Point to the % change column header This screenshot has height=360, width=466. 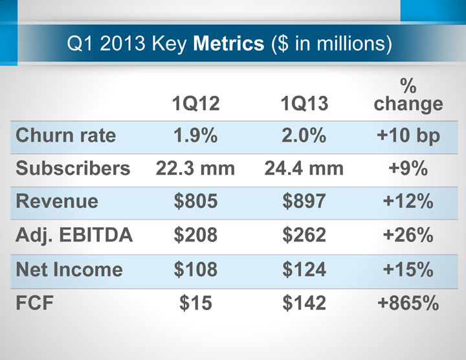click(x=408, y=95)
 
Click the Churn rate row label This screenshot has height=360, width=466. click(x=65, y=136)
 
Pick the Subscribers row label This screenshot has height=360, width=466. click(x=73, y=168)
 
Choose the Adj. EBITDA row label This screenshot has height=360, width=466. click(x=74, y=235)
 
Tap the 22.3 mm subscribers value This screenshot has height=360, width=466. click(x=195, y=168)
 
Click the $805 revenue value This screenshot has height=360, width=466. click(x=195, y=201)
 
